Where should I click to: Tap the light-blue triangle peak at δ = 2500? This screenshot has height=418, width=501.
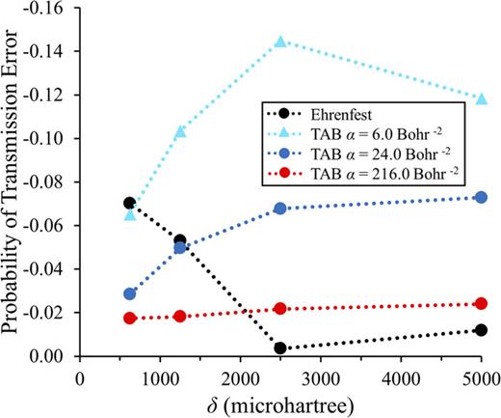[280, 42]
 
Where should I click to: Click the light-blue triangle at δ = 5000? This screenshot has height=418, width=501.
[481, 98]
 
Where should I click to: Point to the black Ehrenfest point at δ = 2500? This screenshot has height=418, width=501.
[280, 348]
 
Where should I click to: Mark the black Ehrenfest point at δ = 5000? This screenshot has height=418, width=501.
[481, 330]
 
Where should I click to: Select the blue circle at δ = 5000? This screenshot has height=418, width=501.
[481, 197]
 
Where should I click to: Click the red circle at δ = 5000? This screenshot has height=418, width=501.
[481, 304]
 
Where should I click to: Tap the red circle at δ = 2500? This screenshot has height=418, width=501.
[280, 309]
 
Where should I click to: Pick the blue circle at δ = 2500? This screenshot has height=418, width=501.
[280, 209]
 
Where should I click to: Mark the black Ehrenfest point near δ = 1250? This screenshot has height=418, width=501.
[180, 240]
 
